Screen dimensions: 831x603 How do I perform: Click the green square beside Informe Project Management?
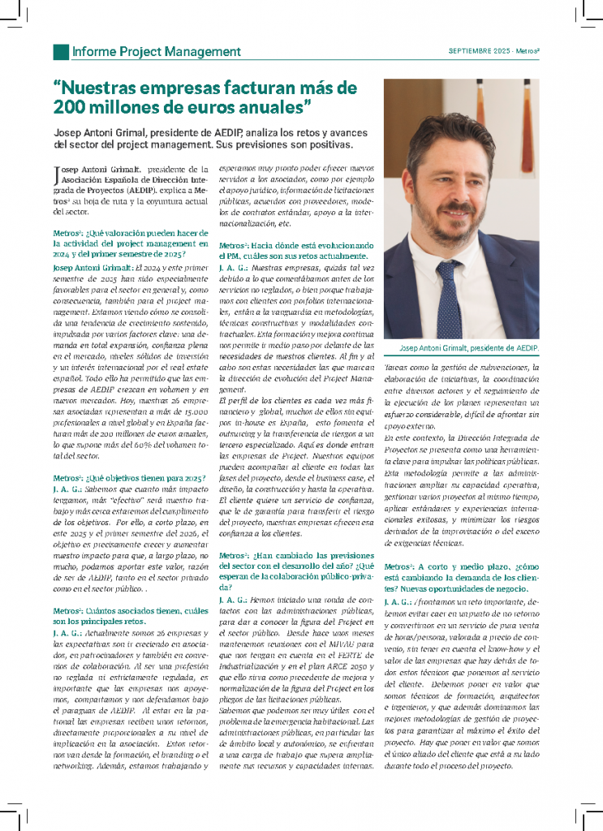61,52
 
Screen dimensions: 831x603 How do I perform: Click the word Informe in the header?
93,52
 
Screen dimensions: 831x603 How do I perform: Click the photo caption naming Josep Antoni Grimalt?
469,348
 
